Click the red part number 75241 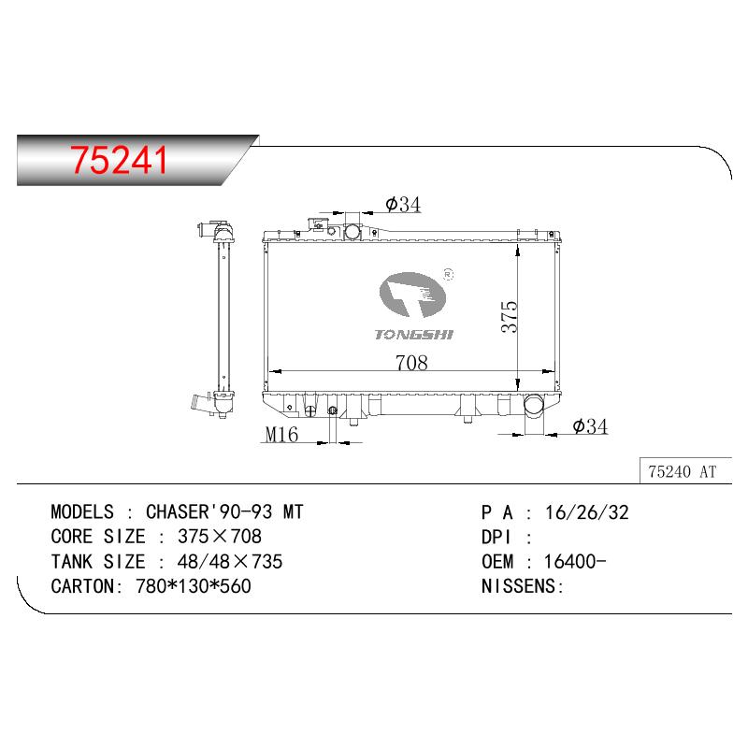coord(120,160)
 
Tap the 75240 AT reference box coord(685,471)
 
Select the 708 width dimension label coord(411,363)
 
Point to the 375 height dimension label coord(509,316)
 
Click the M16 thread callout coord(281,434)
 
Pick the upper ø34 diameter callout coord(403,204)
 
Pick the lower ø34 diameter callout coord(590,426)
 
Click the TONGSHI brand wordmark coord(413,335)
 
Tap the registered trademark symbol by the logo coord(448,274)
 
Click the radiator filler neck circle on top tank coord(352,232)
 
